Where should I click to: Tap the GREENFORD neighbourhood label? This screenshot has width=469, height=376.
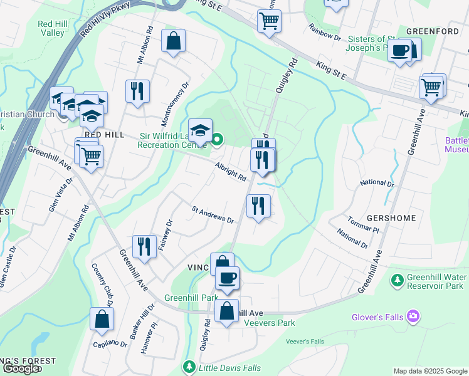point(433,31)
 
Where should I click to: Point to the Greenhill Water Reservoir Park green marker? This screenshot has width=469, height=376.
point(396,278)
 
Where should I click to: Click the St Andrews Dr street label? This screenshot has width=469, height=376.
point(213,215)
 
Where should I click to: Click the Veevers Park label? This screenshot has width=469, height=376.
point(269,323)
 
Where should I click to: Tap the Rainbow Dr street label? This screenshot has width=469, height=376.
point(324,33)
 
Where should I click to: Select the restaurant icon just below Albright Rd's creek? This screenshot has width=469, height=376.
point(258,205)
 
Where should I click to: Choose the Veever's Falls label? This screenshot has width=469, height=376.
point(305,342)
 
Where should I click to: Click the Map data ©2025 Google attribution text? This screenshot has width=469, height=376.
point(430,371)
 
